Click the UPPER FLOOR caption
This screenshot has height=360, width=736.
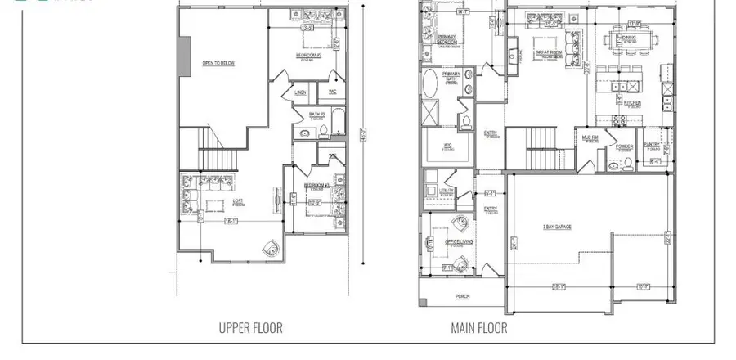[250, 328]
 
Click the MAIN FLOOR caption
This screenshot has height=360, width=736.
[478, 328]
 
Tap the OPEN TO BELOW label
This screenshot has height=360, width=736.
[218, 63]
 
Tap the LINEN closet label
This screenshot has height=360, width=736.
[300, 92]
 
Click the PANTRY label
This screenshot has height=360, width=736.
[652, 146]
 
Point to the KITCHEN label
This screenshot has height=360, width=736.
[632, 103]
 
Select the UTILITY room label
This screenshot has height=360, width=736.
[447, 190]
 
